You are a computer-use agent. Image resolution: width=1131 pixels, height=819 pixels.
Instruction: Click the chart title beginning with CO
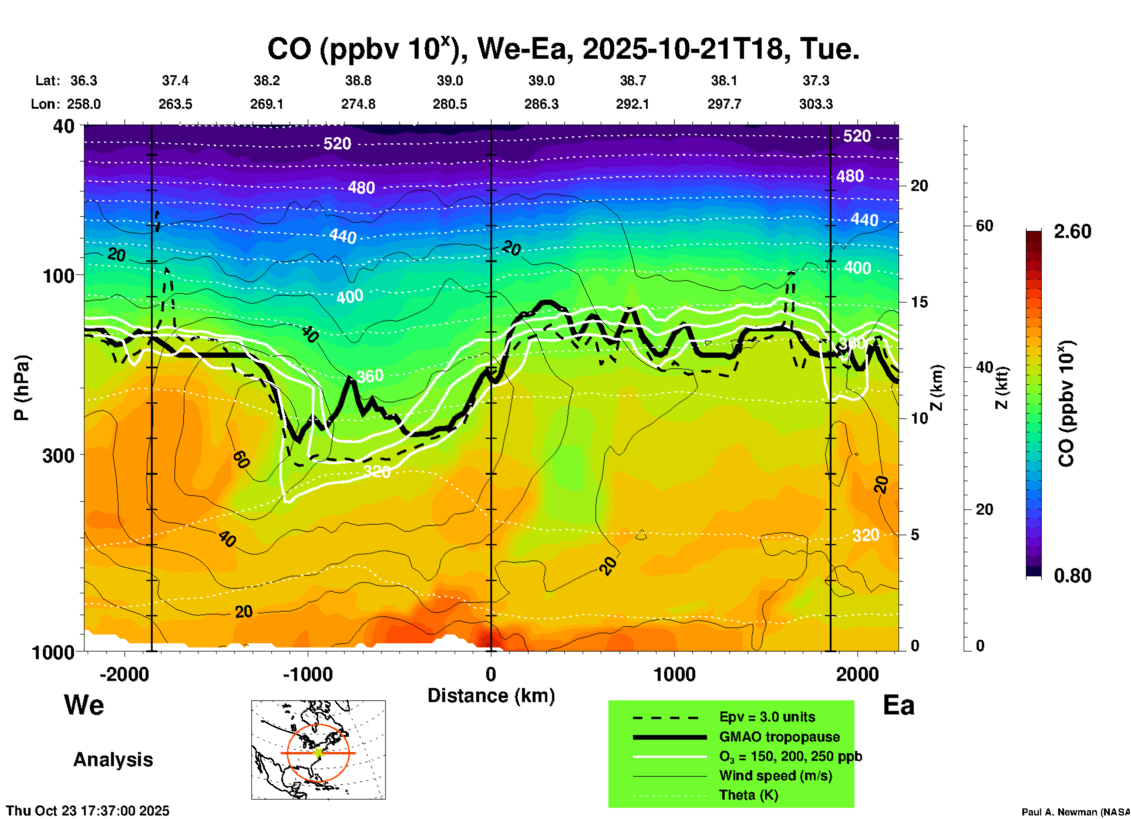point(563,48)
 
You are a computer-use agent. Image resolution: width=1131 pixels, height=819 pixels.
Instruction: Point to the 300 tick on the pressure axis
point(59,455)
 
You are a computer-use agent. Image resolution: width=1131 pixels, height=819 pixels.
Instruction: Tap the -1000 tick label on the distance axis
point(308,674)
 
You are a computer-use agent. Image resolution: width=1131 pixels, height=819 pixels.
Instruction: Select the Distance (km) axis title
point(491,696)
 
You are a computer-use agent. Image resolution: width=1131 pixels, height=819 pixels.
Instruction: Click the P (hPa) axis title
point(21,388)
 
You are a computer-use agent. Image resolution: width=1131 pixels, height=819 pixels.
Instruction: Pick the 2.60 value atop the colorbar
point(1072,231)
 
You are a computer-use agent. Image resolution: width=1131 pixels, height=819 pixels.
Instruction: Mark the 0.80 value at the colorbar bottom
point(1072,576)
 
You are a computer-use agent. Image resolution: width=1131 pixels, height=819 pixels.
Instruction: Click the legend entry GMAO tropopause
point(779,737)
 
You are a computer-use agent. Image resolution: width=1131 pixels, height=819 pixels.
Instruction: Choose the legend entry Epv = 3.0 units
point(767,717)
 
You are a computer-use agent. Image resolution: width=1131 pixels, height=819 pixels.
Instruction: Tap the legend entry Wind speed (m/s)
point(775,776)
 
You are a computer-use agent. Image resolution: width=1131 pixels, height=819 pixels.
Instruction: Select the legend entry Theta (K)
point(748,795)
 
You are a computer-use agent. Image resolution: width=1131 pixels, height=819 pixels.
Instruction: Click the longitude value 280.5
point(450,104)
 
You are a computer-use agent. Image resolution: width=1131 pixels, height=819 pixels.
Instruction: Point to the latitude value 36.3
point(83,80)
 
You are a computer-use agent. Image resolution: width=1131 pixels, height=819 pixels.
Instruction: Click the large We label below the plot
point(84,705)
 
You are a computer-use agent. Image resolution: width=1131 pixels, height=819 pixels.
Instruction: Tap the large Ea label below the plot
point(898,705)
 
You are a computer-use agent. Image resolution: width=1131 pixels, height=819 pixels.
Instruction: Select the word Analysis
point(113,760)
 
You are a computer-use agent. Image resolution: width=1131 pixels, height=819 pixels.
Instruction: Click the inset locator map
point(318,750)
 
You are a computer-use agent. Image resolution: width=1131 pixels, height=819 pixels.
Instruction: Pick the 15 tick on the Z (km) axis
point(919,302)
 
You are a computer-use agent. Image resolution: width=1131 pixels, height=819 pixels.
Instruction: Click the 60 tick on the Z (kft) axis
point(984,226)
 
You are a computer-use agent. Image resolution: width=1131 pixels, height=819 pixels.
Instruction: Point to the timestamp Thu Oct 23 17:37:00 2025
point(87,811)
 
